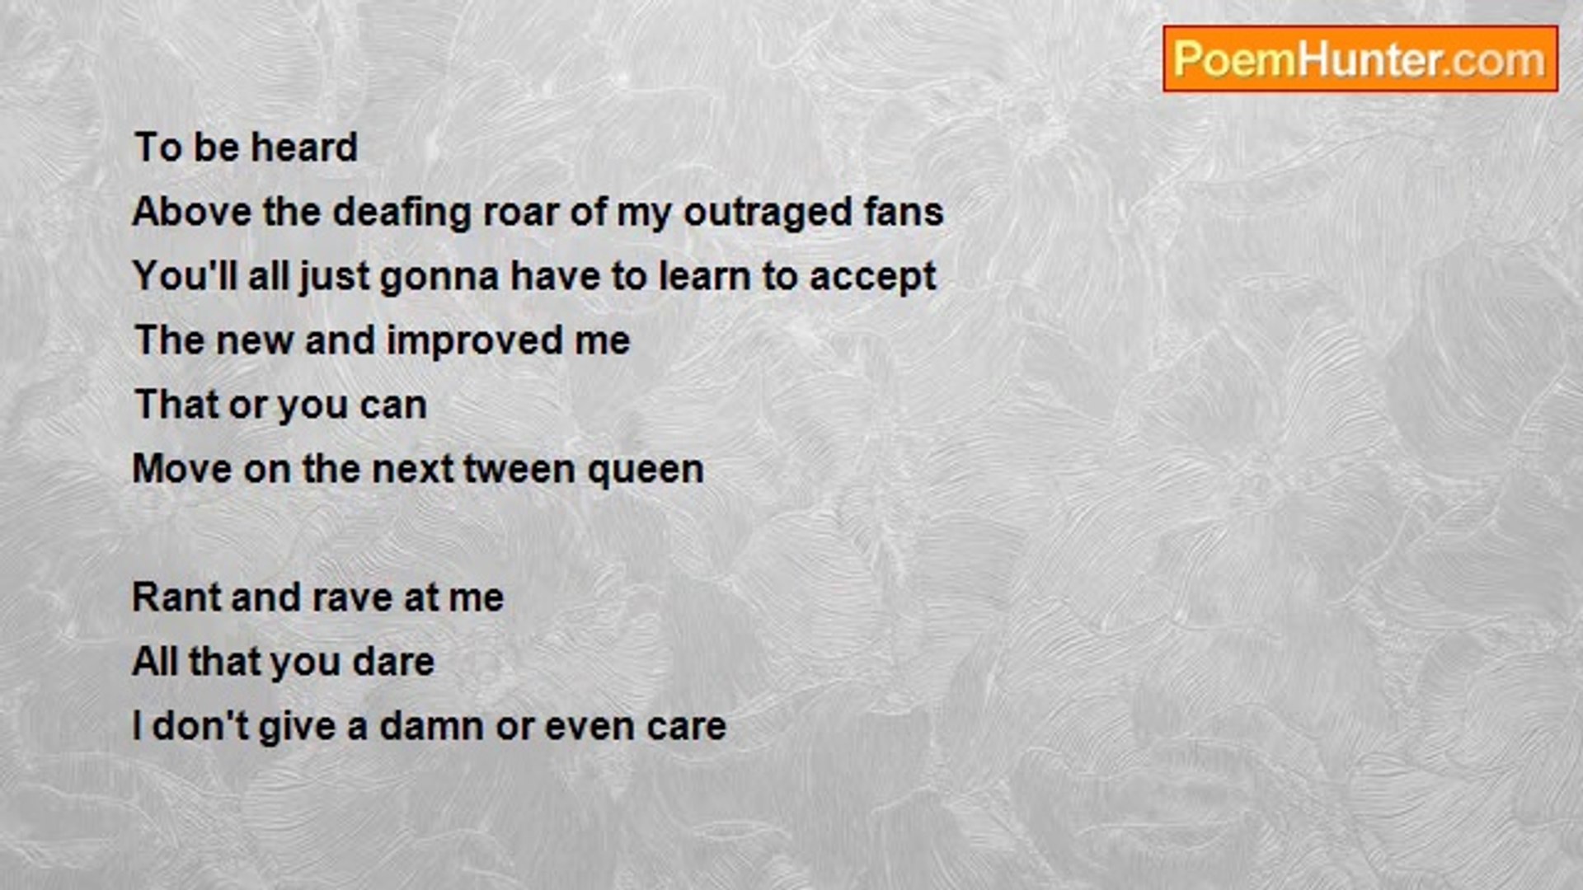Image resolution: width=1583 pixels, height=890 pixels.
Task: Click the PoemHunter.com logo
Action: pos(1360,59)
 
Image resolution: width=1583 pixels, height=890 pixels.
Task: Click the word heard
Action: pos(304,148)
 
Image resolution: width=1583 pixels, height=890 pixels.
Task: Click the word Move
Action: pos(181,469)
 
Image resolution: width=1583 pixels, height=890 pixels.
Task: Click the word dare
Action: pos(392,662)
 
